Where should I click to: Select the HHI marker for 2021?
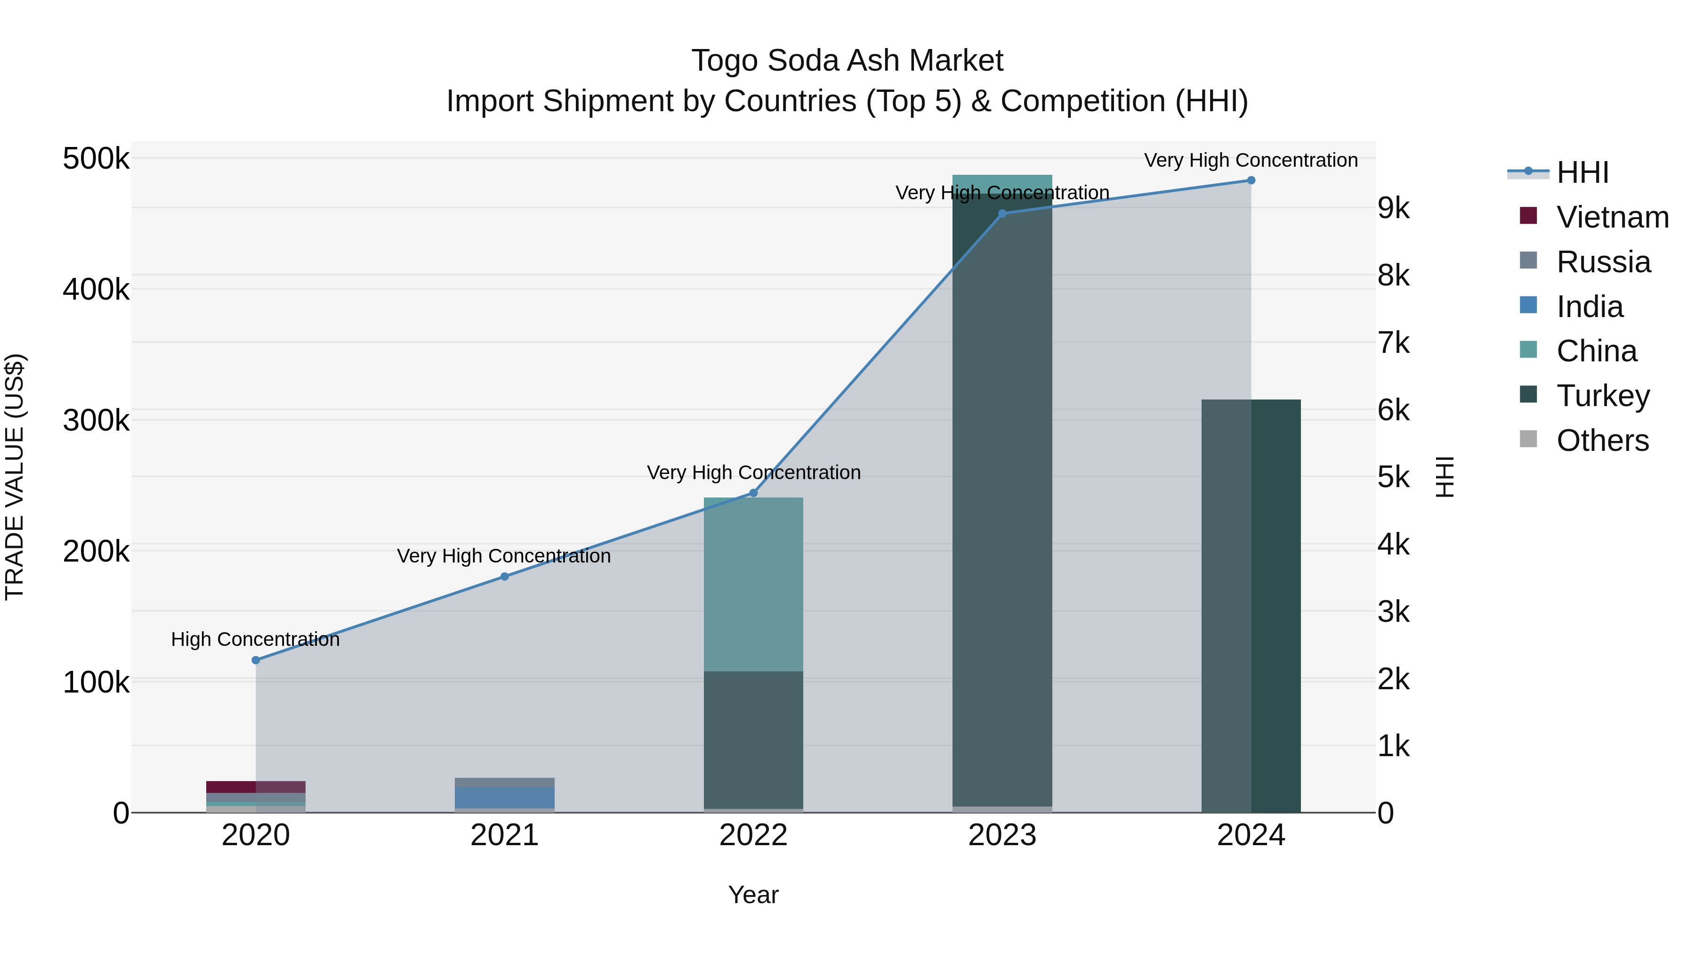pyautogui.click(x=505, y=576)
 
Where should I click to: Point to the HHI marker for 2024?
pyautogui.click(x=1251, y=180)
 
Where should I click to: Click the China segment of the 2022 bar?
pyautogui.click(x=753, y=584)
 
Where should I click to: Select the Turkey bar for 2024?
pyautogui.click(x=1251, y=606)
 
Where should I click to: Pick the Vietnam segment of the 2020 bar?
pyautogui.click(x=256, y=787)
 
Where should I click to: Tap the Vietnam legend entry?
pyautogui.click(x=1612, y=217)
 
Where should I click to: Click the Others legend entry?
pyautogui.click(x=1602, y=440)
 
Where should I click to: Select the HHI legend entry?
pyautogui.click(x=1582, y=172)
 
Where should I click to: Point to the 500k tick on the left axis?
pyautogui.click(x=96, y=159)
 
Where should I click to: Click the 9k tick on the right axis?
pyautogui.click(x=1394, y=209)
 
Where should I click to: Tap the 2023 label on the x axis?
pyautogui.click(x=1002, y=835)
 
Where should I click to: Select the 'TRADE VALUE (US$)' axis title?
pyautogui.click(x=15, y=477)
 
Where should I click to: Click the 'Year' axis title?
pyautogui.click(x=753, y=895)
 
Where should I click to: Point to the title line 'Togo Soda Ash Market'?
pyautogui.click(x=847, y=61)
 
